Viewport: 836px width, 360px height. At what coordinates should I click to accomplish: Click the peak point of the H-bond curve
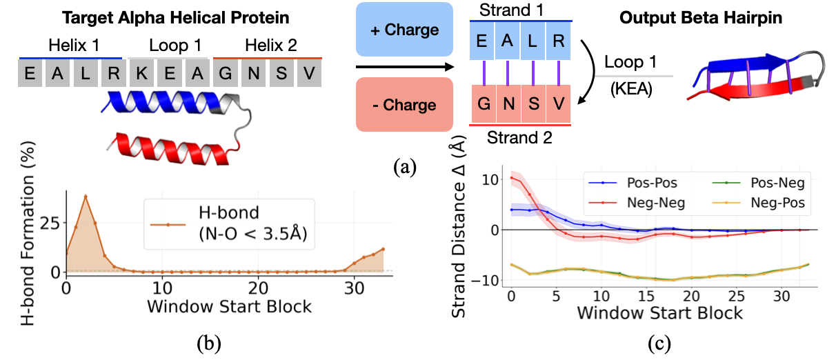click(86, 196)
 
